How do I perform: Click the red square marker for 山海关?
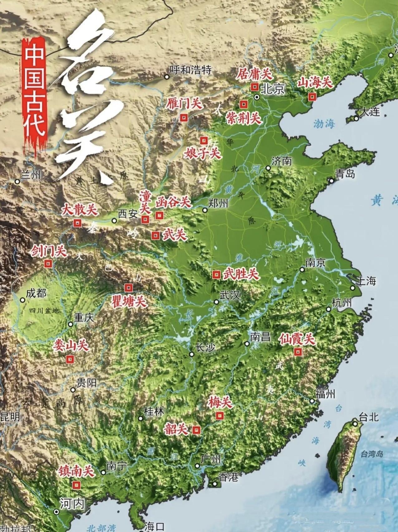[x=312, y=97]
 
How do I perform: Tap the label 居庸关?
[x=254, y=75]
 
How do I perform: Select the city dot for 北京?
[x=257, y=97]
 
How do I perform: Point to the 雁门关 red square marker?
[x=184, y=118]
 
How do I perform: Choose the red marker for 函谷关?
[x=159, y=215]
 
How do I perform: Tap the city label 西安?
[x=128, y=214]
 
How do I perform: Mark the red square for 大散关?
[x=77, y=223]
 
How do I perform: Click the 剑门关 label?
[x=49, y=251]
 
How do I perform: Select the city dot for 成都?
[x=22, y=300]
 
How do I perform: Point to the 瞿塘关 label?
[x=129, y=302]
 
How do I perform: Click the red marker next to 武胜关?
[x=216, y=275]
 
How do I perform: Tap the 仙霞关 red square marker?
[x=298, y=352]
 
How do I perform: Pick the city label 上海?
[x=366, y=281]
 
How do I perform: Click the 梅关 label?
[x=220, y=402]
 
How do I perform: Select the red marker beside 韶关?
[x=196, y=430]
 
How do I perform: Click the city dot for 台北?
[x=355, y=424]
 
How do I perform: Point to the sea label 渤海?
[x=324, y=124]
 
